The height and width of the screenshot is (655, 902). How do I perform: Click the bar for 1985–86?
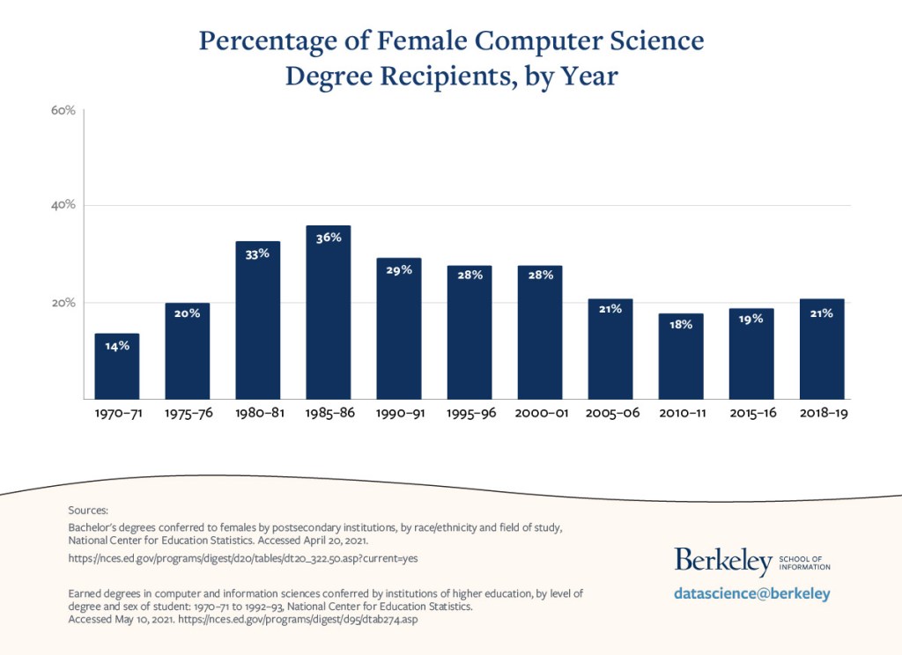tap(329, 317)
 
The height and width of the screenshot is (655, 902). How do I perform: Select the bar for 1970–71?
tap(117, 370)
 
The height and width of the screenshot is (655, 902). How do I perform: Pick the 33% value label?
tap(257, 254)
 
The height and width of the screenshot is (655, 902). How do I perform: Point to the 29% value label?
tap(399, 270)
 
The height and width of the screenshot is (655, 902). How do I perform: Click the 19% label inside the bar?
tap(751, 320)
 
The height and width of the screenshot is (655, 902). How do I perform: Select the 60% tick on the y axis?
tap(63, 110)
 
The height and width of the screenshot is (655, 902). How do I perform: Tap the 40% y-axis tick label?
tap(63, 205)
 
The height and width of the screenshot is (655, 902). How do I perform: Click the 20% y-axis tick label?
tap(63, 303)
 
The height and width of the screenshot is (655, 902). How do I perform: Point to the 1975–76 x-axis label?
tap(188, 413)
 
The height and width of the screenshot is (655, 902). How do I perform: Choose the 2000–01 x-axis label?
tap(540, 413)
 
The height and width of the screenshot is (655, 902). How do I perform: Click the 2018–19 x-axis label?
tap(822, 413)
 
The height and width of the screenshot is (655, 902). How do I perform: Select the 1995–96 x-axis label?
tap(469, 413)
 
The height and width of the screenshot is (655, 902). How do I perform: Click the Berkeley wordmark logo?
tap(723, 560)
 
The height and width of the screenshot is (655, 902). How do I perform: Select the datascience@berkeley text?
tap(751, 594)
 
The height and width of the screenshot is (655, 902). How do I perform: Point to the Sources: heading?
tap(88, 510)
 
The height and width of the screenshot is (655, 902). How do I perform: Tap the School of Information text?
tap(805, 563)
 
